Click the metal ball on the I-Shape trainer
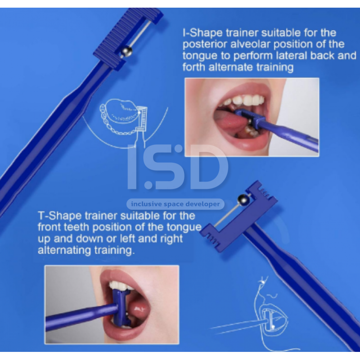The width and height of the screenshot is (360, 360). (126, 52)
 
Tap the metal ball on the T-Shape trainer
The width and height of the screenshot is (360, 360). (243, 200)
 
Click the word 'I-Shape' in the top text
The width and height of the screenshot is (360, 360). (202, 33)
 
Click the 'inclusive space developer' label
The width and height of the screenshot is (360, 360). (175, 204)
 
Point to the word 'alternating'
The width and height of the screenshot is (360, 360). (64, 250)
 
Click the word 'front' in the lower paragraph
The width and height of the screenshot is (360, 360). (49, 227)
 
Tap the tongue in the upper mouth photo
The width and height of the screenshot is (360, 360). (229, 119)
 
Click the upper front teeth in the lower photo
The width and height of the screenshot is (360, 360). (119, 285)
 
